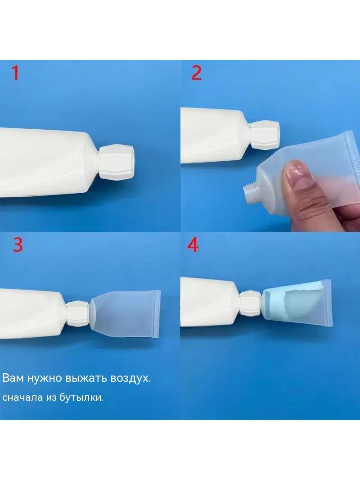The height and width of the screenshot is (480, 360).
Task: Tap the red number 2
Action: [x=196, y=73]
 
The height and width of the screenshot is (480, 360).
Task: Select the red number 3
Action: [x=18, y=245]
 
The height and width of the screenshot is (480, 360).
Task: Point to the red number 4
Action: [x=193, y=245]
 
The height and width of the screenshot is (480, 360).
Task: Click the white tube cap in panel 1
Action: [x=116, y=161]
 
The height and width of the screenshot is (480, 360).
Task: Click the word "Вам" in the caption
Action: [x=13, y=378]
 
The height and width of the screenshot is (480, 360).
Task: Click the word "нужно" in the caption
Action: [x=45, y=379]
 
